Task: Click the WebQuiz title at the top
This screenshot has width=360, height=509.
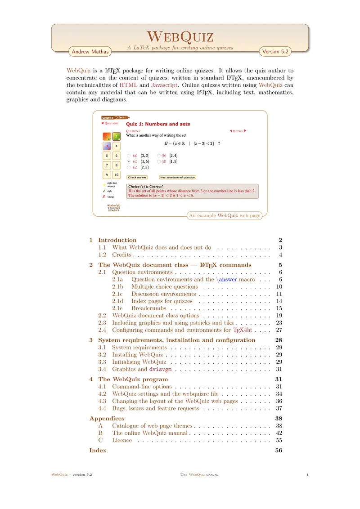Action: click(x=180, y=36)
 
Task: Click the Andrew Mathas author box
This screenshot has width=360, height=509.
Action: click(x=90, y=52)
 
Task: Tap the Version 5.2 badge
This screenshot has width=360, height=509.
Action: click(x=274, y=52)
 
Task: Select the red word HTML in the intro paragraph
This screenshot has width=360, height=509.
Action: click(x=129, y=85)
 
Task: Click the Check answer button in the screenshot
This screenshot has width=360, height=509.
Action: click(x=137, y=177)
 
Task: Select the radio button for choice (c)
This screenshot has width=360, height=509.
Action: click(x=129, y=161)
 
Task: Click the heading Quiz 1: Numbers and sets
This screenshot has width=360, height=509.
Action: click(x=157, y=124)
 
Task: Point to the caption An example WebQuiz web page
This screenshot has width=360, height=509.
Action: click(x=225, y=216)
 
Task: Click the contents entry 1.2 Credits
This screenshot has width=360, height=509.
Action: click(x=121, y=254)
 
